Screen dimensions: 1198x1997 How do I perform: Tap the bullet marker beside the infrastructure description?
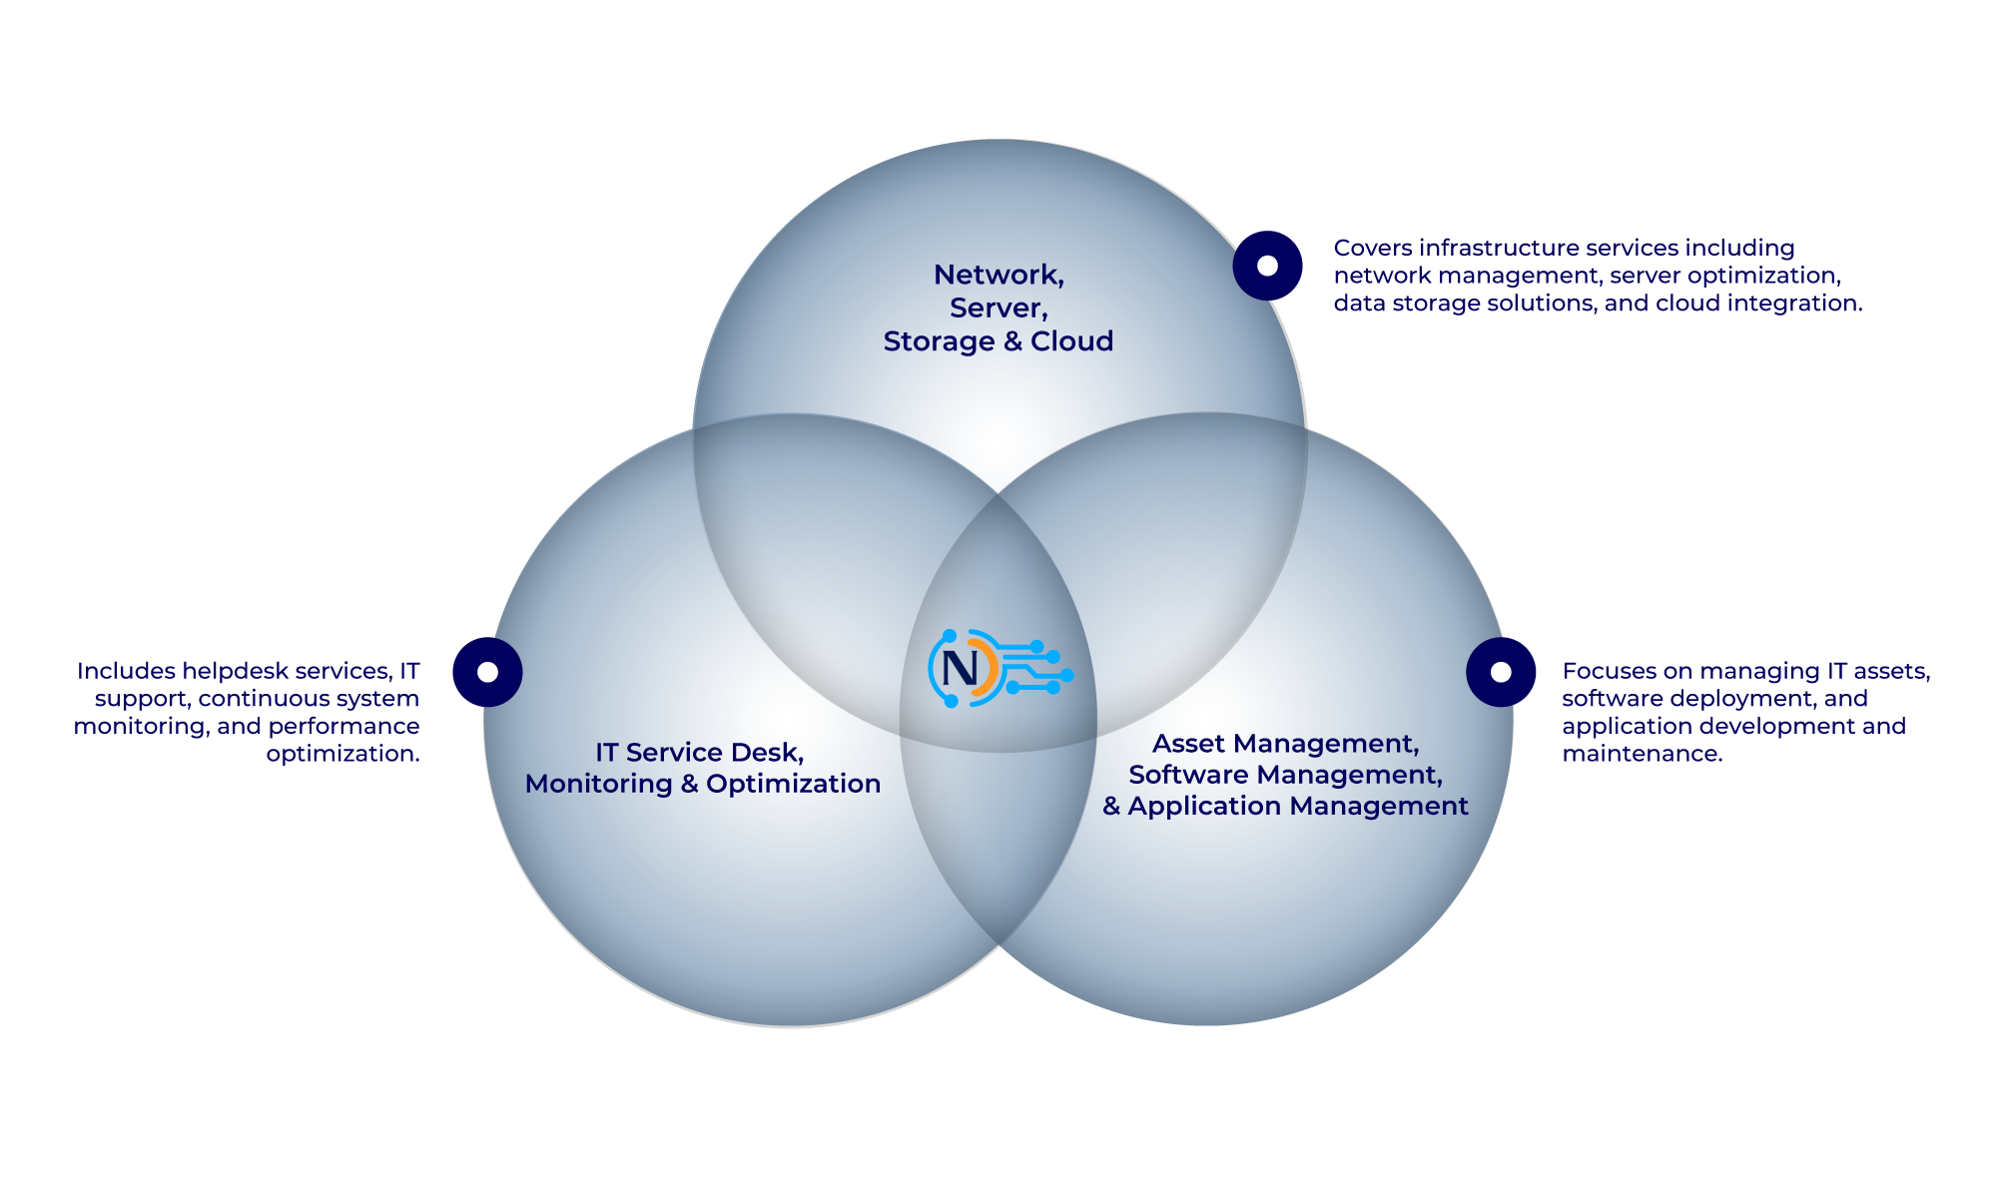[x=1267, y=266]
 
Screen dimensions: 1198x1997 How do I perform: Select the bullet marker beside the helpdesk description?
[x=487, y=672]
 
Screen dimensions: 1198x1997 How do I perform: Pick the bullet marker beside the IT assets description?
[x=1501, y=672]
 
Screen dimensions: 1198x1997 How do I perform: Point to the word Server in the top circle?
[x=996, y=307]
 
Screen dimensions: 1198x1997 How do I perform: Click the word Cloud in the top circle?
[x=1071, y=341]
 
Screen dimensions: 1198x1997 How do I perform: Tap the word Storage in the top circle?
[x=939, y=341]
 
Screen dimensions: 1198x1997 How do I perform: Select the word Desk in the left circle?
[x=765, y=753]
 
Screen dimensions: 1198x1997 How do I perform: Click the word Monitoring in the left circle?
[x=598, y=784]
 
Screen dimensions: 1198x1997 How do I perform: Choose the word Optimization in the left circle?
[x=793, y=784]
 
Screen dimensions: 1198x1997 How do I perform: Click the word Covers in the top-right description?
[x=1372, y=248]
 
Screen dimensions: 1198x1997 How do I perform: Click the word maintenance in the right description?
[x=1642, y=754]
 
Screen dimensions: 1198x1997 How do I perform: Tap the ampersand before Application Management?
[x=1111, y=806]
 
